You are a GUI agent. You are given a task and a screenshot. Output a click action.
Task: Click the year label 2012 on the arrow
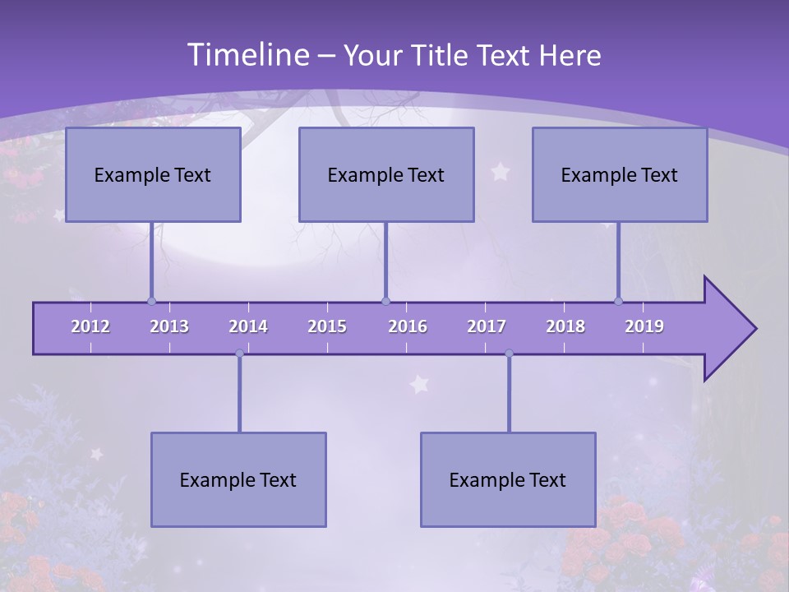click(x=90, y=326)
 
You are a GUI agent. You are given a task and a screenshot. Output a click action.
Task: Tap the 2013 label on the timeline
click(x=169, y=326)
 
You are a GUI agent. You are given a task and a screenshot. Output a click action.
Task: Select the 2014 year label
click(x=248, y=326)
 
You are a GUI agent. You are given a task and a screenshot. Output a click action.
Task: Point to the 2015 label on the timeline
click(x=327, y=326)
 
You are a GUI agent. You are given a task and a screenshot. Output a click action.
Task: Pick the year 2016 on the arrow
click(x=408, y=326)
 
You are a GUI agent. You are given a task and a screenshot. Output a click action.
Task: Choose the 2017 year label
click(x=487, y=326)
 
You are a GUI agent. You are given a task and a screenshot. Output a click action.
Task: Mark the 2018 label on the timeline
click(x=565, y=326)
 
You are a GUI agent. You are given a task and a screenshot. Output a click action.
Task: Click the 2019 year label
click(x=644, y=326)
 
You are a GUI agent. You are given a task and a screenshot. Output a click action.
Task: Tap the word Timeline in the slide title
click(x=247, y=55)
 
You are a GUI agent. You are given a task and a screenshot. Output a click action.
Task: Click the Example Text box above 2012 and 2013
click(x=153, y=174)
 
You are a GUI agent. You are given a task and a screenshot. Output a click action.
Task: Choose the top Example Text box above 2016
click(x=386, y=174)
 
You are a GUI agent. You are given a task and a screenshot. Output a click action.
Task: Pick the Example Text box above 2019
click(x=620, y=174)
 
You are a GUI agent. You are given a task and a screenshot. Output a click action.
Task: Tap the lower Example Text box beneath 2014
click(x=238, y=479)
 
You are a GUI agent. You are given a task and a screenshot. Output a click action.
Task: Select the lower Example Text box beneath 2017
click(x=508, y=479)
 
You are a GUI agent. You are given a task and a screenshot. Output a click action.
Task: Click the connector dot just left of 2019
click(x=619, y=301)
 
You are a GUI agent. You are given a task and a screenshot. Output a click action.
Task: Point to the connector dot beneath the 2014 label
click(x=239, y=354)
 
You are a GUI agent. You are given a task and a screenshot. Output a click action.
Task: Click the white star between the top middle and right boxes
click(x=501, y=171)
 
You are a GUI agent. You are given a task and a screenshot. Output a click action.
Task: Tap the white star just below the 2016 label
click(x=420, y=384)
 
